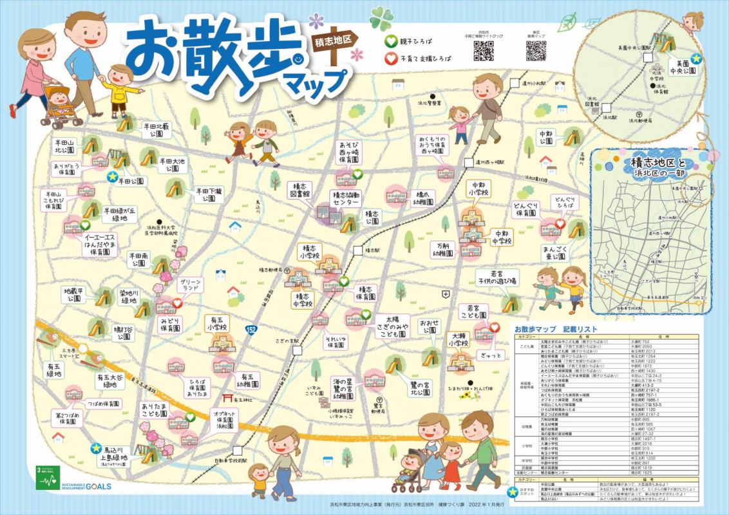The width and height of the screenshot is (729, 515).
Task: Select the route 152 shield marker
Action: (x=251, y=330)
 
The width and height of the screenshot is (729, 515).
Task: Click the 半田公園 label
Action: (x=133, y=182)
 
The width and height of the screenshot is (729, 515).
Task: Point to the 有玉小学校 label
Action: (x=217, y=323)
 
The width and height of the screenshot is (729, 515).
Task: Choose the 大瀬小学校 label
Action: (x=459, y=339)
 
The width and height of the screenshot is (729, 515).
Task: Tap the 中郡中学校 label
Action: (x=502, y=237)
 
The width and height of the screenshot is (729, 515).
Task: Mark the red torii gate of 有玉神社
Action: (x=227, y=399)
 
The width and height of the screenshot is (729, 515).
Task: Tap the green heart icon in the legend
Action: (x=390, y=41)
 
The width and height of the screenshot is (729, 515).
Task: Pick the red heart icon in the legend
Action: (x=390, y=59)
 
